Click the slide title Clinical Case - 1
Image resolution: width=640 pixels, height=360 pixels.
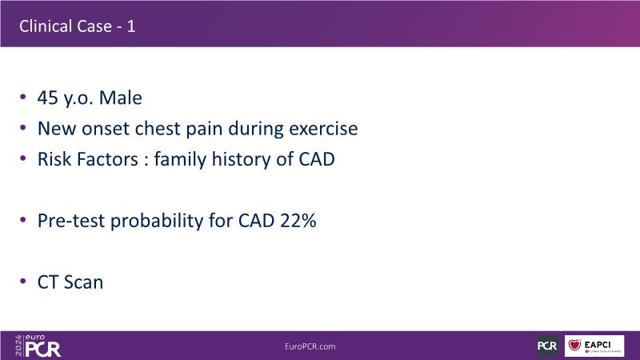coord(77,26)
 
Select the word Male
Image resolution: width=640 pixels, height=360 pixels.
coord(121,98)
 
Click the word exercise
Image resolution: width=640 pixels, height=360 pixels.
coord(323,129)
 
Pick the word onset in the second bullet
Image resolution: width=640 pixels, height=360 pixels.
coord(106,129)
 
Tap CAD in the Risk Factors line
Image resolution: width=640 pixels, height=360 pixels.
coord(316,159)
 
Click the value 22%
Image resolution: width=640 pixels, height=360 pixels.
coord(298,221)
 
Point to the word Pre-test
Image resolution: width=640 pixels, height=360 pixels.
coord(71,221)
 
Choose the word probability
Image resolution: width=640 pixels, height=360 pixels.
coord(157,222)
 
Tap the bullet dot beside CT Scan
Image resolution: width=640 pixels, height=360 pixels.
coord(23,282)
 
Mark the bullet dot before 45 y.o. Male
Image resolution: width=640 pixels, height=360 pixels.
coord(23,97)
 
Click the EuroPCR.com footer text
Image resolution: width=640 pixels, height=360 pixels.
coord(310,346)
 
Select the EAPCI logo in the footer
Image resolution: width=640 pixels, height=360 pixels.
coord(594,346)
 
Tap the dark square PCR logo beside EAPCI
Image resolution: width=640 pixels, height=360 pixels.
coord(547,346)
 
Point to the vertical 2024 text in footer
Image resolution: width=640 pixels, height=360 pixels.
coord(18,346)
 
